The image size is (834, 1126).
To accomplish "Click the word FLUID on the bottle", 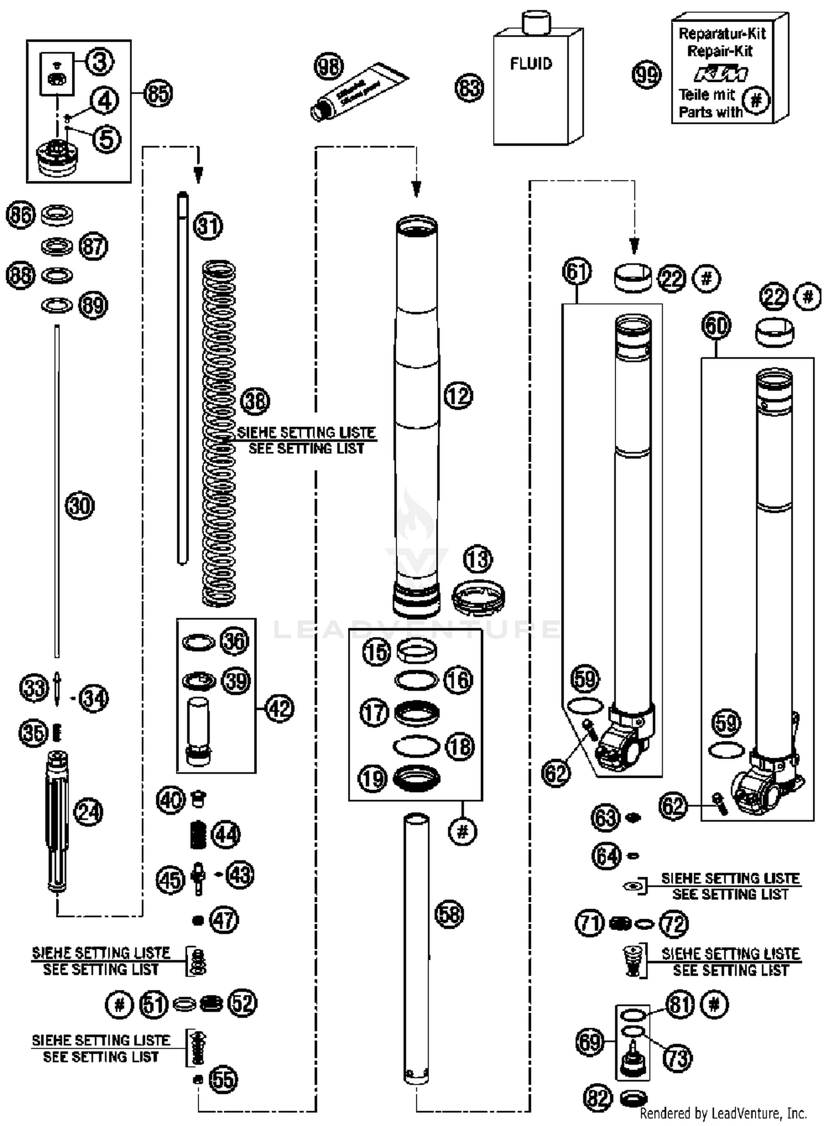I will (531, 64).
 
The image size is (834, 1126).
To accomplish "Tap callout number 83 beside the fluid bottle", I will (469, 88).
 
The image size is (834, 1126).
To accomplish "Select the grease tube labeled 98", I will (359, 91).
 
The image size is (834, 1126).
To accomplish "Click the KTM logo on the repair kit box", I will (721, 73).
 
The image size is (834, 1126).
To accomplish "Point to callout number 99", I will (647, 74).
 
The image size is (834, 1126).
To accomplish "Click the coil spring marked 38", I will (219, 433).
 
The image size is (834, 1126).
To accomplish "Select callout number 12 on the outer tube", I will (458, 396).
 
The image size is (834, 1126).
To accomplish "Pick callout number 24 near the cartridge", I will (88, 812).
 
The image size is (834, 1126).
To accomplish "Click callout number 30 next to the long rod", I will (80, 506).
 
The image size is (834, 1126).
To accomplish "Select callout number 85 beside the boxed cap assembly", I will (158, 93).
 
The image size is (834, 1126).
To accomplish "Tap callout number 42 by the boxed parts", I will (279, 709).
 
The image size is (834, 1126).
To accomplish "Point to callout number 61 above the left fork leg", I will (577, 272).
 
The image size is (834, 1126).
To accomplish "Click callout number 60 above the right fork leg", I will (716, 326).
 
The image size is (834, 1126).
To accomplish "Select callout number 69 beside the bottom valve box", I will (590, 1043).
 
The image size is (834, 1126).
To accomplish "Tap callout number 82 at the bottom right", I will (598, 1098).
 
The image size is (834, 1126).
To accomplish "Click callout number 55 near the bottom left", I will (223, 1079).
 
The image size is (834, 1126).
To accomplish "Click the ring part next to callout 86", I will (57, 214).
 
